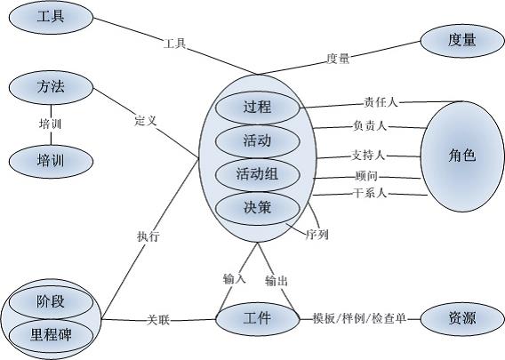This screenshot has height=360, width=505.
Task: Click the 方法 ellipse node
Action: pyautogui.click(x=51, y=87)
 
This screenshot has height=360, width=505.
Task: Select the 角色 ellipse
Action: pyautogui.click(x=462, y=156)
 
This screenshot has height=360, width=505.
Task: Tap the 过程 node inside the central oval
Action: pyautogui.click(x=257, y=108)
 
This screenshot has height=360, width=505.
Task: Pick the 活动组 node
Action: pyautogui.click(x=257, y=175)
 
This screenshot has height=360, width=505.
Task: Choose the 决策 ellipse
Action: pyautogui.click(x=257, y=208)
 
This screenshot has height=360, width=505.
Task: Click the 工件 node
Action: pyautogui.click(x=257, y=319)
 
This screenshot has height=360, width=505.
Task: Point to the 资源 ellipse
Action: pyautogui.click(x=462, y=319)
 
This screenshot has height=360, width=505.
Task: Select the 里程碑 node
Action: pyautogui.click(x=51, y=336)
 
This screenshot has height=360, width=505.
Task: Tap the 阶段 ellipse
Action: pyautogui.click(x=51, y=302)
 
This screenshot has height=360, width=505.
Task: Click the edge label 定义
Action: pyautogui.click(x=146, y=121)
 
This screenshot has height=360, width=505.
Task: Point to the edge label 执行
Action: pyautogui.click(x=148, y=236)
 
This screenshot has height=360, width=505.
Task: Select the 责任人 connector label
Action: pyautogui.click(x=381, y=102)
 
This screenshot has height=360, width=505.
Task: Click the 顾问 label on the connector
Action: pyautogui.click(x=366, y=176)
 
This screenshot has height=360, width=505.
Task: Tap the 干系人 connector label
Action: pyautogui.click(x=369, y=193)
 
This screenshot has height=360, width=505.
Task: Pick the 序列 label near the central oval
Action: pyautogui.click(x=317, y=235)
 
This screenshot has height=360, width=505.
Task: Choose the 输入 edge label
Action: pyautogui.click(x=234, y=279)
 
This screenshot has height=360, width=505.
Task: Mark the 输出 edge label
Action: pyautogui.click(x=277, y=281)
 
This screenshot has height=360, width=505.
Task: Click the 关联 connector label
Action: pyautogui.click(x=158, y=320)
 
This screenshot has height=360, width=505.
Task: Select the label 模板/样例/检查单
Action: pyautogui.click(x=359, y=318)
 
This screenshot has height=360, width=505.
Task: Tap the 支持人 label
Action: pyautogui.click(x=368, y=156)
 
